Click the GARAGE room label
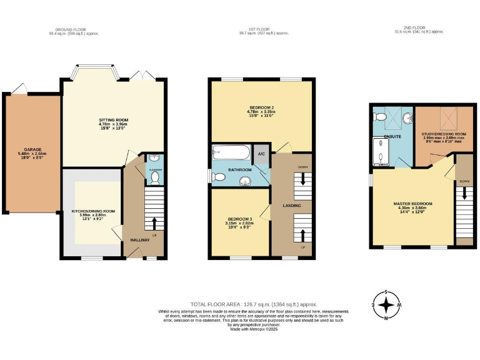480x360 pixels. (32, 149)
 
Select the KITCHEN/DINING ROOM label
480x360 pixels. (94, 211)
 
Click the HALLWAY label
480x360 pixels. (139, 240)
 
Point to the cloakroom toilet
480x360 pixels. (154, 177)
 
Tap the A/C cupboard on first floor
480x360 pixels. (261, 154)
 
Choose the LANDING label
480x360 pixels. (291, 206)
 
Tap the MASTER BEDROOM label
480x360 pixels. (412, 204)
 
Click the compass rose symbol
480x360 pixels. (388, 306)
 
